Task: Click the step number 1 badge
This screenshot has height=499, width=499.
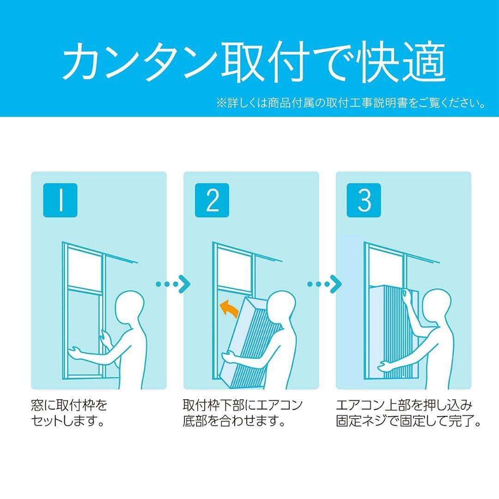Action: click(60, 200)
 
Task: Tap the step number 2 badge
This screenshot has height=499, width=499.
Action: click(212, 200)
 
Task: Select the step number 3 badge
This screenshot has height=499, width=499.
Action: click(364, 200)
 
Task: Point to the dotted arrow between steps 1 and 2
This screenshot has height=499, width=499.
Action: click(173, 284)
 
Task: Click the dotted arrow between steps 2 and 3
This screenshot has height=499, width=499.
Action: click(324, 284)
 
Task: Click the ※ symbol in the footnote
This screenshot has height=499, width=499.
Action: click(221, 103)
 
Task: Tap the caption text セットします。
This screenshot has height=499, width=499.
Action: click(68, 421)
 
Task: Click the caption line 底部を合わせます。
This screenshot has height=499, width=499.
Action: click(234, 421)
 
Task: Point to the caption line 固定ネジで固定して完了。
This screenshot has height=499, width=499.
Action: click(408, 421)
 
